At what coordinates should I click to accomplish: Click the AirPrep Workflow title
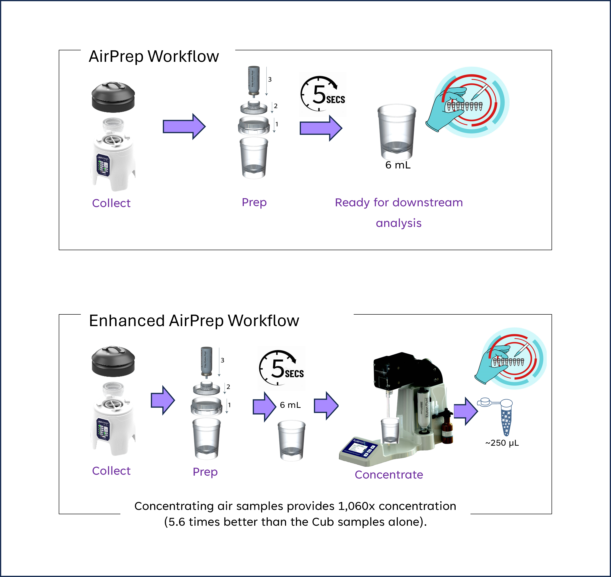154,57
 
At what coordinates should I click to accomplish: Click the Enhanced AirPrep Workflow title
194,321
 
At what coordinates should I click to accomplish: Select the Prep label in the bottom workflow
205,472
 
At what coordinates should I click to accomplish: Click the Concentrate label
389,475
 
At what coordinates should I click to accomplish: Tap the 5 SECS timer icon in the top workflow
323,94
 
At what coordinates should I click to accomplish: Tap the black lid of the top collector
113,97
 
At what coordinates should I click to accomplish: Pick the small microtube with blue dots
506,418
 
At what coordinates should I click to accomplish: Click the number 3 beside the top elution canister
270,79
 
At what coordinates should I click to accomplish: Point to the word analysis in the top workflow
398,223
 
